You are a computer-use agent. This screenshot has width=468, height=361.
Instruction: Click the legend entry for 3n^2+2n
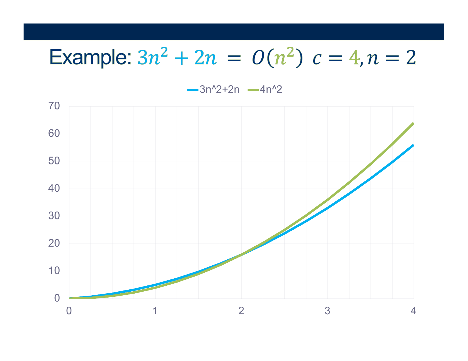click(x=213, y=89)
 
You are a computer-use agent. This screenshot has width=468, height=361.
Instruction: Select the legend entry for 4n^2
click(x=265, y=89)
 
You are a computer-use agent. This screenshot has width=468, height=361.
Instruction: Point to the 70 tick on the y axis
click(x=54, y=106)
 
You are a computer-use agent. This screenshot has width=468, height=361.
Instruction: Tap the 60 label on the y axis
click(x=54, y=133)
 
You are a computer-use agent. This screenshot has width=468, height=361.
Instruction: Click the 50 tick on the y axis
click(x=54, y=161)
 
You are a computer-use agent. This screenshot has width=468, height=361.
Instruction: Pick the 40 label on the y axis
click(x=54, y=188)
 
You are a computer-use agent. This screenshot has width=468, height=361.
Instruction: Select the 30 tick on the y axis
click(x=54, y=216)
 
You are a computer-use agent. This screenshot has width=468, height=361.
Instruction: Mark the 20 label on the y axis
click(x=54, y=243)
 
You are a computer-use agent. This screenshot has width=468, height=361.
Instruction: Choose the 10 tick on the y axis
click(x=54, y=271)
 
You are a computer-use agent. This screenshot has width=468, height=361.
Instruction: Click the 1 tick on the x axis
click(x=155, y=311)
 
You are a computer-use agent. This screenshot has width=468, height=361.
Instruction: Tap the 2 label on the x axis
click(x=242, y=311)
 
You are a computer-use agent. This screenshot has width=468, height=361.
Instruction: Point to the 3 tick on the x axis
click(x=328, y=311)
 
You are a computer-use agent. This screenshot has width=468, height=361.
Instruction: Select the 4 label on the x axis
click(x=414, y=311)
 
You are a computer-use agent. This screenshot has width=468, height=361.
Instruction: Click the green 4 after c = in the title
click(x=354, y=58)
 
